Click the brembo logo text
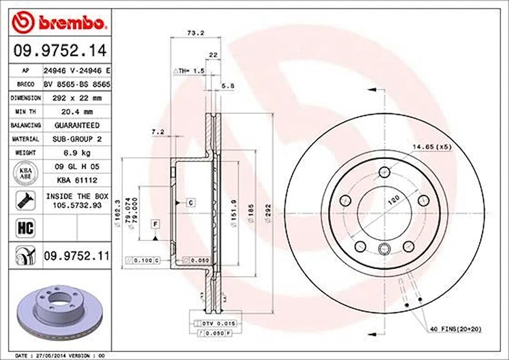71,23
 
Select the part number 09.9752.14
60,51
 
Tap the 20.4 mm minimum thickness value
77,111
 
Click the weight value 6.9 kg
77,153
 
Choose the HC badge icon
25,228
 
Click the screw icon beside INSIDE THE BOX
25,201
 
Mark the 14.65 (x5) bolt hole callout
431,147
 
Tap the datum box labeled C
191,202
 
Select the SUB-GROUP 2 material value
77,139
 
